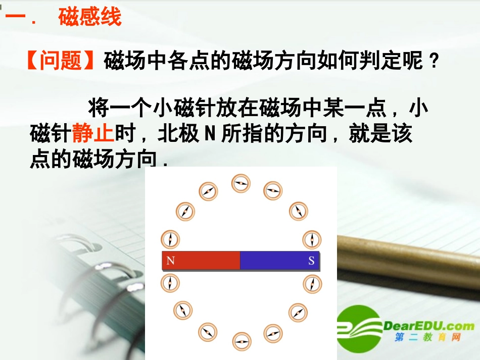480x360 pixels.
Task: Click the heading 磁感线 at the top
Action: point(90,17)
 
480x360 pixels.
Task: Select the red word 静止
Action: point(93,134)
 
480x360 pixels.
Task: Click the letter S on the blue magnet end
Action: point(311,261)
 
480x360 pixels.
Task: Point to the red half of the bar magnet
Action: point(201,261)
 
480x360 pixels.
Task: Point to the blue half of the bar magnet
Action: point(279,261)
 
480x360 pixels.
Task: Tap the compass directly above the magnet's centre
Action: point(241,183)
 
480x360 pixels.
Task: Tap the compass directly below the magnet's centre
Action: point(242,341)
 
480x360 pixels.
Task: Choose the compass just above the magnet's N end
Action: point(170,239)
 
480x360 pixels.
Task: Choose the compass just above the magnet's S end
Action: point(312,239)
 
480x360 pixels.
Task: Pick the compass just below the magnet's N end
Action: point(170,283)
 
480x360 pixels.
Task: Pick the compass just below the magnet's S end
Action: point(312,283)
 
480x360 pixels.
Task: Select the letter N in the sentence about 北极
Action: point(210,134)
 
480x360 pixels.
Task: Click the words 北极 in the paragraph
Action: point(178,134)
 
